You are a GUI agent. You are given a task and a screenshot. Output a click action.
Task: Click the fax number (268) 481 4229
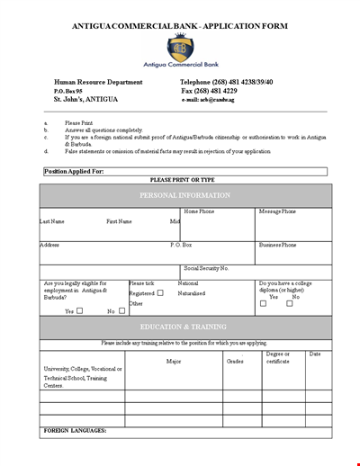[221, 91]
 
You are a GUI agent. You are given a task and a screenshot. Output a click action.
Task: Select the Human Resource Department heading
[97, 82]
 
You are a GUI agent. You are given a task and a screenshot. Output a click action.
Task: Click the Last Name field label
[51, 220]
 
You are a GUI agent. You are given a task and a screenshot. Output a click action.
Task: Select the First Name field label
[119, 220]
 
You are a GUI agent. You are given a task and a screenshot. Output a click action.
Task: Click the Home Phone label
[199, 211]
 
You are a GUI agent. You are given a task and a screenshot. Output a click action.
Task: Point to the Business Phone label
[277, 245]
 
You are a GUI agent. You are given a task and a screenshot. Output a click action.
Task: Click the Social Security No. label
[207, 268]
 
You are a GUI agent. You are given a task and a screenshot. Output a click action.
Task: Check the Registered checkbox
[160, 292]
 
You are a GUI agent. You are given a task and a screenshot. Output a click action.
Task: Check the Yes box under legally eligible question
[79, 311]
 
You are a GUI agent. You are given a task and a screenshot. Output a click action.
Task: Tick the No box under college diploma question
[290, 303]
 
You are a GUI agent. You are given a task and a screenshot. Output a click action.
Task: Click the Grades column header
[235, 361]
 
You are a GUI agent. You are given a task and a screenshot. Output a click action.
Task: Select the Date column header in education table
[315, 354]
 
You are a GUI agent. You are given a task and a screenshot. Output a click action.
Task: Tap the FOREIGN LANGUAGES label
[76, 431]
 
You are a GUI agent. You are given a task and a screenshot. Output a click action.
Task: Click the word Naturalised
[191, 292]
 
